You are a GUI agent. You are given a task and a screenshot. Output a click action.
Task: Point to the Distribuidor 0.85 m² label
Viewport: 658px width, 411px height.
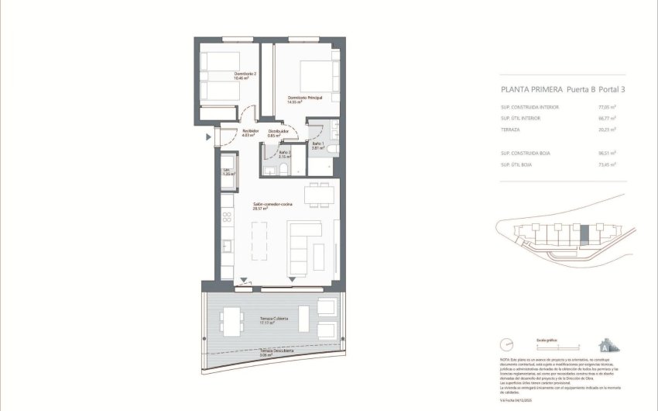tap(278, 133)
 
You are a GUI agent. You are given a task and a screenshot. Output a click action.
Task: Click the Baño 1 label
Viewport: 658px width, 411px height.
tap(317, 145)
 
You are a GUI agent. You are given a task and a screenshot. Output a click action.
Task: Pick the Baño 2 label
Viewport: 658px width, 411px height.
tap(283, 155)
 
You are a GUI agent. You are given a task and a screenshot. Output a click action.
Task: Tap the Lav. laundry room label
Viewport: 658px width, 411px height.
tap(228, 171)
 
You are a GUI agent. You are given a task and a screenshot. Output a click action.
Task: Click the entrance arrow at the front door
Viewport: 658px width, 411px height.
tap(208, 138)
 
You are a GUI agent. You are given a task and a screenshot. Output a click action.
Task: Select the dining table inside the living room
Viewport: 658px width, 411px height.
tap(320, 195)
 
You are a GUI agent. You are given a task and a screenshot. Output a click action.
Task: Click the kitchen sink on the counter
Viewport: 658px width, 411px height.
tap(227, 247)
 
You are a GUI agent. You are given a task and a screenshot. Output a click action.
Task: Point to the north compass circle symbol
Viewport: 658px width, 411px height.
tap(508, 342)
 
